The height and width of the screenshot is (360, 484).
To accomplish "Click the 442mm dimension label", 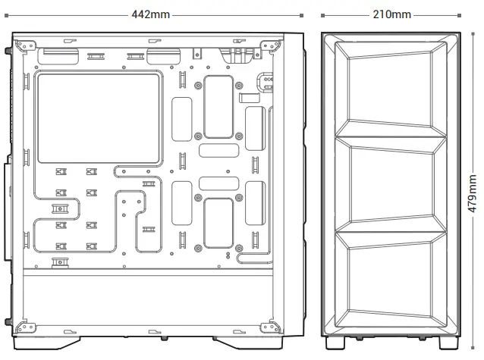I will click(151, 14).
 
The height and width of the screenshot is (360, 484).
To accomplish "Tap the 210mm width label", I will click(391, 14).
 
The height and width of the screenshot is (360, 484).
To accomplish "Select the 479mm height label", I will click(472, 193).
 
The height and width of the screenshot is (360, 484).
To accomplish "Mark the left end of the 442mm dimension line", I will click(13, 14).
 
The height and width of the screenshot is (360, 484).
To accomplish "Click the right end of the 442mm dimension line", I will click(303, 14).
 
